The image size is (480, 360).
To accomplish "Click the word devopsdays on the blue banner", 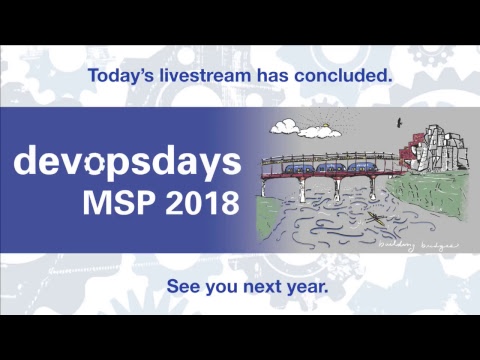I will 127,161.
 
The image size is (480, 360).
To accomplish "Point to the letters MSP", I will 114,204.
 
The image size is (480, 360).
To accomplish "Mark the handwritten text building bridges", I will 408,243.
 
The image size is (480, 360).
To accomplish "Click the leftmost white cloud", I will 284,128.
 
